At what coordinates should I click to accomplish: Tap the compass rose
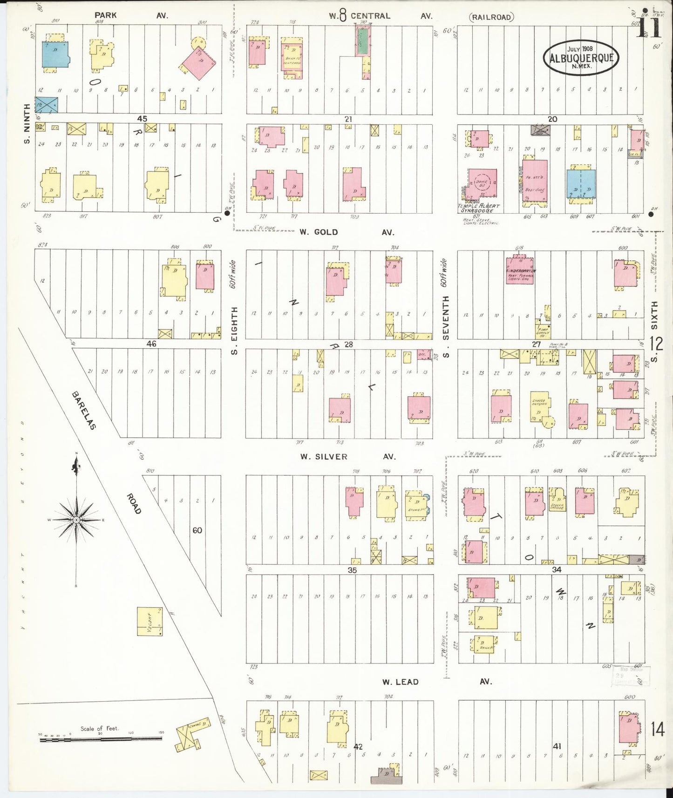pos(76,519)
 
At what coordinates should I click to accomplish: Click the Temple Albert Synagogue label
pos(479,208)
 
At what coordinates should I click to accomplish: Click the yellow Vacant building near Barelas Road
pos(150,621)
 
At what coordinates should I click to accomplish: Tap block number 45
pos(142,119)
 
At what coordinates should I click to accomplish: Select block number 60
pos(197,530)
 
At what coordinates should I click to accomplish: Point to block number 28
pos(348,345)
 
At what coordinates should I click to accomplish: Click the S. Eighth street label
pos(234,330)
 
